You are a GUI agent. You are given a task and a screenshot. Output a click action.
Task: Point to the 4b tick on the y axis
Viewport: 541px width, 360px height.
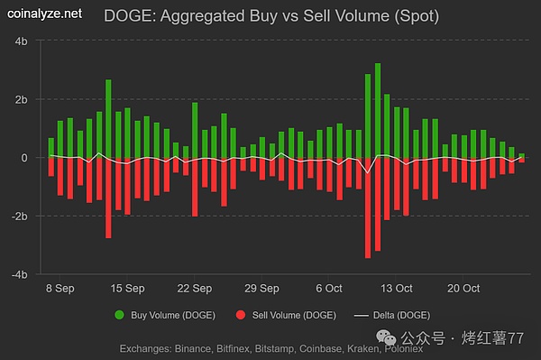[x=20, y=42]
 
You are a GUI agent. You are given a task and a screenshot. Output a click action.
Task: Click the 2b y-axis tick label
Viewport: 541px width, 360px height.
[x=20, y=99]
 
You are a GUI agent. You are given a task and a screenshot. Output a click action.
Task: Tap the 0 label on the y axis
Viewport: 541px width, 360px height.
[x=24, y=158]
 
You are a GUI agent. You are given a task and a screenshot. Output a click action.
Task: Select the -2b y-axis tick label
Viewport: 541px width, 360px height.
[x=18, y=216]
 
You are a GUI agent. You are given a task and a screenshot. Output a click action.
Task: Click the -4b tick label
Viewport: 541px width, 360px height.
[x=18, y=273]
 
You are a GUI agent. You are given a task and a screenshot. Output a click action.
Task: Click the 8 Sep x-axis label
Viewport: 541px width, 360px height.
[x=60, y=289]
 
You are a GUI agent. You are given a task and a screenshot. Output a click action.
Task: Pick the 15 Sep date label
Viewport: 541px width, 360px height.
[x=127, y=289]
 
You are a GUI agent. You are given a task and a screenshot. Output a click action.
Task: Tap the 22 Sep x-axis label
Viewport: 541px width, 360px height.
[x=194, y=289]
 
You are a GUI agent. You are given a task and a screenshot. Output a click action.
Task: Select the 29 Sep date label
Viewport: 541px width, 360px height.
[x=261, y=289]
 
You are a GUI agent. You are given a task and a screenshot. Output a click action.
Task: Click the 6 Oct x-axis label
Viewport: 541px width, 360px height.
[x=328, y=289]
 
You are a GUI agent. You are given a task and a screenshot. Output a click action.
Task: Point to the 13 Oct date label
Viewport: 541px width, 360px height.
[x=395, y=289]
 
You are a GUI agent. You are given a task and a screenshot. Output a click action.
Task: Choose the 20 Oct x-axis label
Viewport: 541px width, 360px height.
[x=463, y=289]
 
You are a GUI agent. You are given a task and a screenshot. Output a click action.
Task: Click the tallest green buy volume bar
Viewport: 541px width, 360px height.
[x=378, y=108]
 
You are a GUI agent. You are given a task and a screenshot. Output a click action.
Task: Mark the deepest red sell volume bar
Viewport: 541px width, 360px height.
[x=368, y=208]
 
